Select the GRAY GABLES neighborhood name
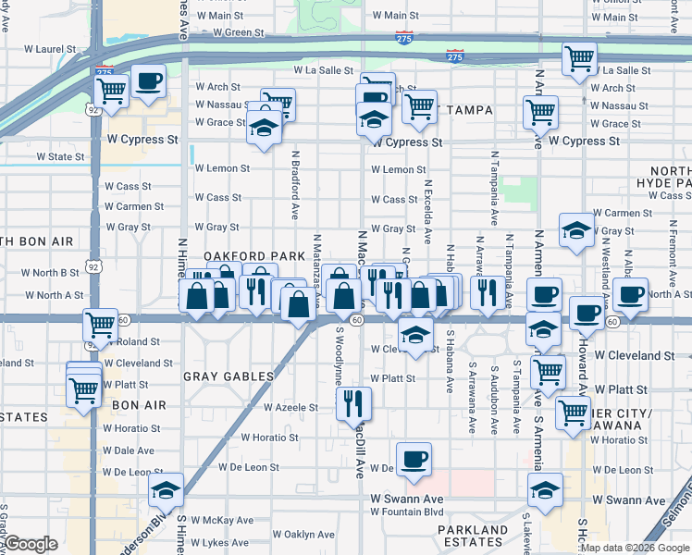point(229,376)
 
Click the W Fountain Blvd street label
point(407,512)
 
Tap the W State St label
point(60,157)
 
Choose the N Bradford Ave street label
point(295,186)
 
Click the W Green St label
point(238,32)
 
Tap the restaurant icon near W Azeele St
point(353,402)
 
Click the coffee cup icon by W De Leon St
point(414,458)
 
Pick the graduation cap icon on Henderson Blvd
point(167,489)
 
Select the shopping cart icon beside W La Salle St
point(579,58)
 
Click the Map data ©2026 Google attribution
point(634,548)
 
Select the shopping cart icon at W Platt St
point(549,372)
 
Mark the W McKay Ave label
point(223,520)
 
